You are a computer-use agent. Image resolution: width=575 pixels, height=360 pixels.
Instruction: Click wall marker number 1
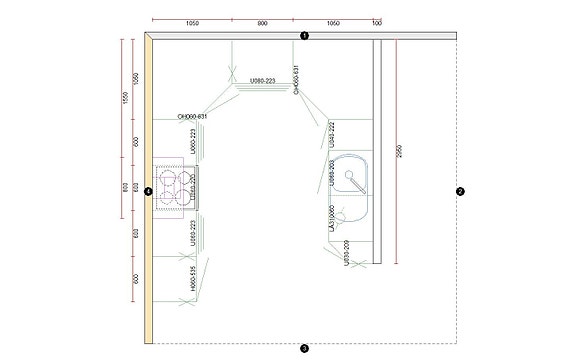[x=304, y=36]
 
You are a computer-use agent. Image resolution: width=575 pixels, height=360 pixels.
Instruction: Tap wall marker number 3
[x=304, y=348]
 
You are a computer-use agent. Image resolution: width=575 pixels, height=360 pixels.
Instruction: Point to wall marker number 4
[x=147, y=191]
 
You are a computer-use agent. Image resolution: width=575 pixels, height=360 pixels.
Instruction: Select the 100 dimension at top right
[x=377, y=22]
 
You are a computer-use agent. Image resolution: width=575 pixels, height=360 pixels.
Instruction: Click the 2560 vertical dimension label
[x=400, y=149]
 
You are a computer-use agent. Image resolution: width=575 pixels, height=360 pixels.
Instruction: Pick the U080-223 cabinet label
[x=262, y=79]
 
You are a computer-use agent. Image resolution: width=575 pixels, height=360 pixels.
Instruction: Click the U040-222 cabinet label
[x=331, y=134]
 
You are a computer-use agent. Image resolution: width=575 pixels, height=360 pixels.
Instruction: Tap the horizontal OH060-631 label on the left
[x=192, y=117]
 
